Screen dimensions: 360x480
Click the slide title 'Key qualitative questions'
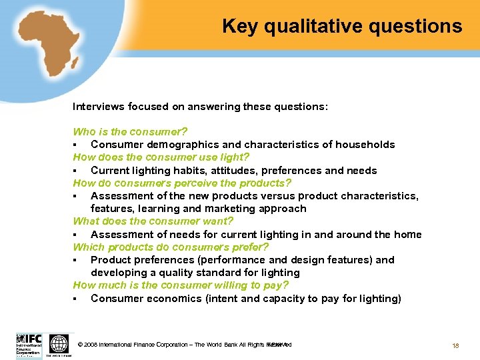[x=341, y=27]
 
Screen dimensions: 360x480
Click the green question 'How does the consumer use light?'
[x=161, y=157]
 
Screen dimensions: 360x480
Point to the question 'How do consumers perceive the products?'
[x=182, y=183]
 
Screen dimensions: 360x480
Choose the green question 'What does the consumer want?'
[x=153, y=221]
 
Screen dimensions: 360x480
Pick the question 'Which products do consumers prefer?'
[x=171, y=247]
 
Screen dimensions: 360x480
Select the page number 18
[x=456, y=345]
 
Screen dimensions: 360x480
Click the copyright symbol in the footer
[x=81, y=345]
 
